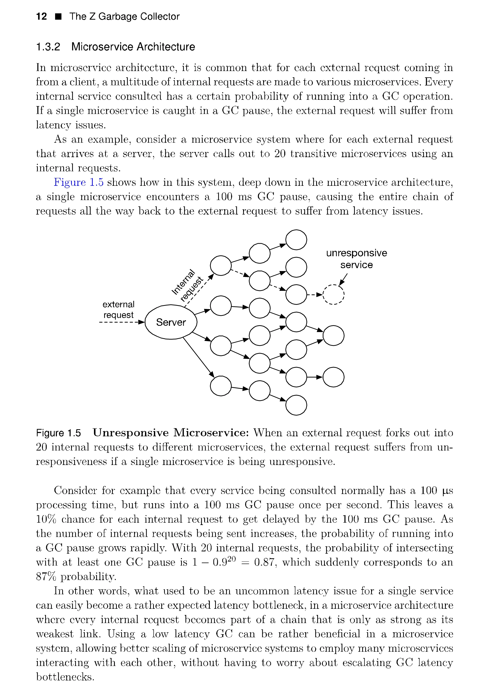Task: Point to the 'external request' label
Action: [118, 309]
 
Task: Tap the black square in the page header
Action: [58, 17]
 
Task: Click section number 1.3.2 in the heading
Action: [48, 47]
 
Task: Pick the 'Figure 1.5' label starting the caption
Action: [59, 433]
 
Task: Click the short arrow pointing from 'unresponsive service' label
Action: [343, 279]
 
